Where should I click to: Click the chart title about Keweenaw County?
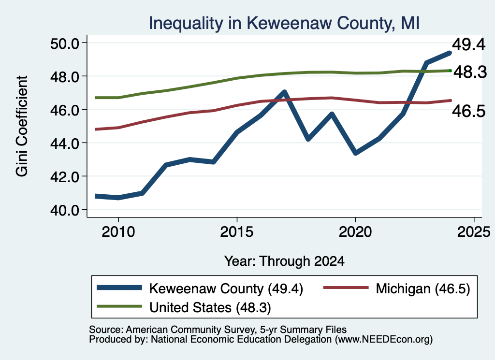point(284,23)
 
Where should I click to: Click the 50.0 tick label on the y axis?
point(65,43)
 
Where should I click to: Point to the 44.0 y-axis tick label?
point(65,144)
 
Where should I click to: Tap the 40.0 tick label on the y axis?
point(65,210)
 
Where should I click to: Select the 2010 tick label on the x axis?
point(118,232)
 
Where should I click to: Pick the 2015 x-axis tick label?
point(237,232)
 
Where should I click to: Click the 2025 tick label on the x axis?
point(474,232)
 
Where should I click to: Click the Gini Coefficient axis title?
point(22,126)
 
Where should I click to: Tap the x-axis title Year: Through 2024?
point(284,261)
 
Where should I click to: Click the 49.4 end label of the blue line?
point(469,44)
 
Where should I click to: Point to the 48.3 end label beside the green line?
point(470,72)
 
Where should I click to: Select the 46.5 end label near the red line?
point(469,111)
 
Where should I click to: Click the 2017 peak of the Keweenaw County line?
point(284,92)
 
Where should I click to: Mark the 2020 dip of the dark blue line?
point(355,153)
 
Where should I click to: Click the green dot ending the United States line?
point(451,71)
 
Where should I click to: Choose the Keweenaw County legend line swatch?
point(119,288)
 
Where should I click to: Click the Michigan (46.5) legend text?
point(423,288)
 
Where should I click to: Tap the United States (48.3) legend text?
point(210,307)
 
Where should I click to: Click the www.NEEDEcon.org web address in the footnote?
point(383,340)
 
